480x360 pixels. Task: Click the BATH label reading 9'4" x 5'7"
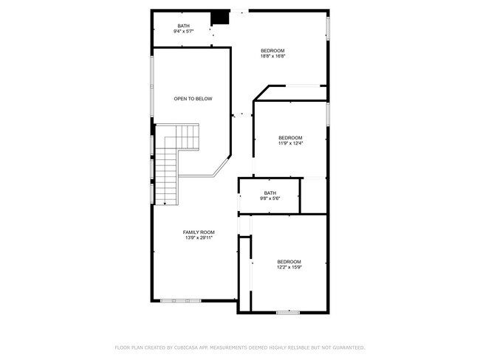[183, 29]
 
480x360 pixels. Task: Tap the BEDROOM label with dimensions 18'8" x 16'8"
[272, 53]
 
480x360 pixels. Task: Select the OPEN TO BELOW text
[193, 98]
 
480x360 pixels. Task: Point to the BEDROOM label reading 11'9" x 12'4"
[290, 140]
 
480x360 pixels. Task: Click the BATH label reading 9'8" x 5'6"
[270, 195]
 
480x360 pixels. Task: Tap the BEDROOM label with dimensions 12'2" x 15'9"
[289, 263]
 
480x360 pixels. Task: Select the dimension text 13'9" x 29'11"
[199, 238]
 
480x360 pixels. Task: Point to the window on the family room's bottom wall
[181, 300]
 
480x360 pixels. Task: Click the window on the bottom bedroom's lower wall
[288, 313]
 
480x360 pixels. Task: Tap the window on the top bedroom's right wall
[328, 27]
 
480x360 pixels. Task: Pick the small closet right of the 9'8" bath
[314, 196]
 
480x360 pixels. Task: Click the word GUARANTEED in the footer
[345, 347]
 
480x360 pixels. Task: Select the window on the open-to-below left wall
[152, 85]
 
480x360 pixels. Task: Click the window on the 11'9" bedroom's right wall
[328, 114]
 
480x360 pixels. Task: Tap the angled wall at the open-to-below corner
[222, 167]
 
